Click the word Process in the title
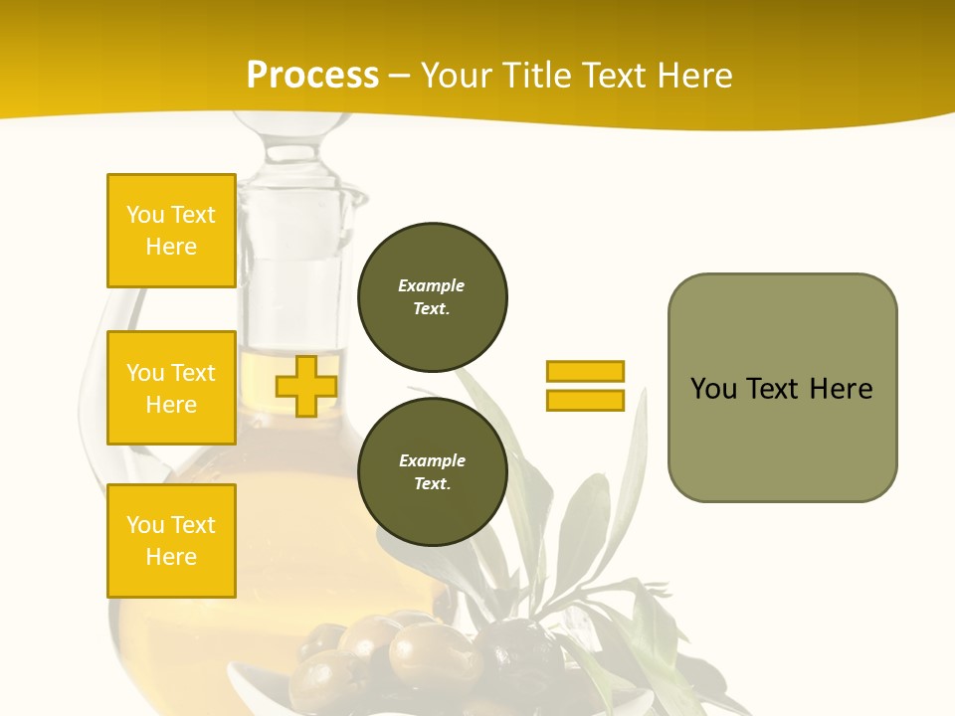(x=312, y=75)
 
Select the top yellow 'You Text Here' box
(x=171, y=231)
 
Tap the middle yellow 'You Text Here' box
(x=171, y=388)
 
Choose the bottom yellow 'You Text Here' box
(x=171, y=540)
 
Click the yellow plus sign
(x=306, y=386)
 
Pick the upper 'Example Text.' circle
(x=433, y=296)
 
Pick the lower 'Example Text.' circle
(x=433, y=471)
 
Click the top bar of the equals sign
(x=585, y=371)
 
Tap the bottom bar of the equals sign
(x=585, y=400)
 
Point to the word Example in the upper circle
(x=432, y=285)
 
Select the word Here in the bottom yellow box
(x=171, y=557)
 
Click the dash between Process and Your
(x=400, y=76)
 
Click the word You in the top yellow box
(x=145, y=215)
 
